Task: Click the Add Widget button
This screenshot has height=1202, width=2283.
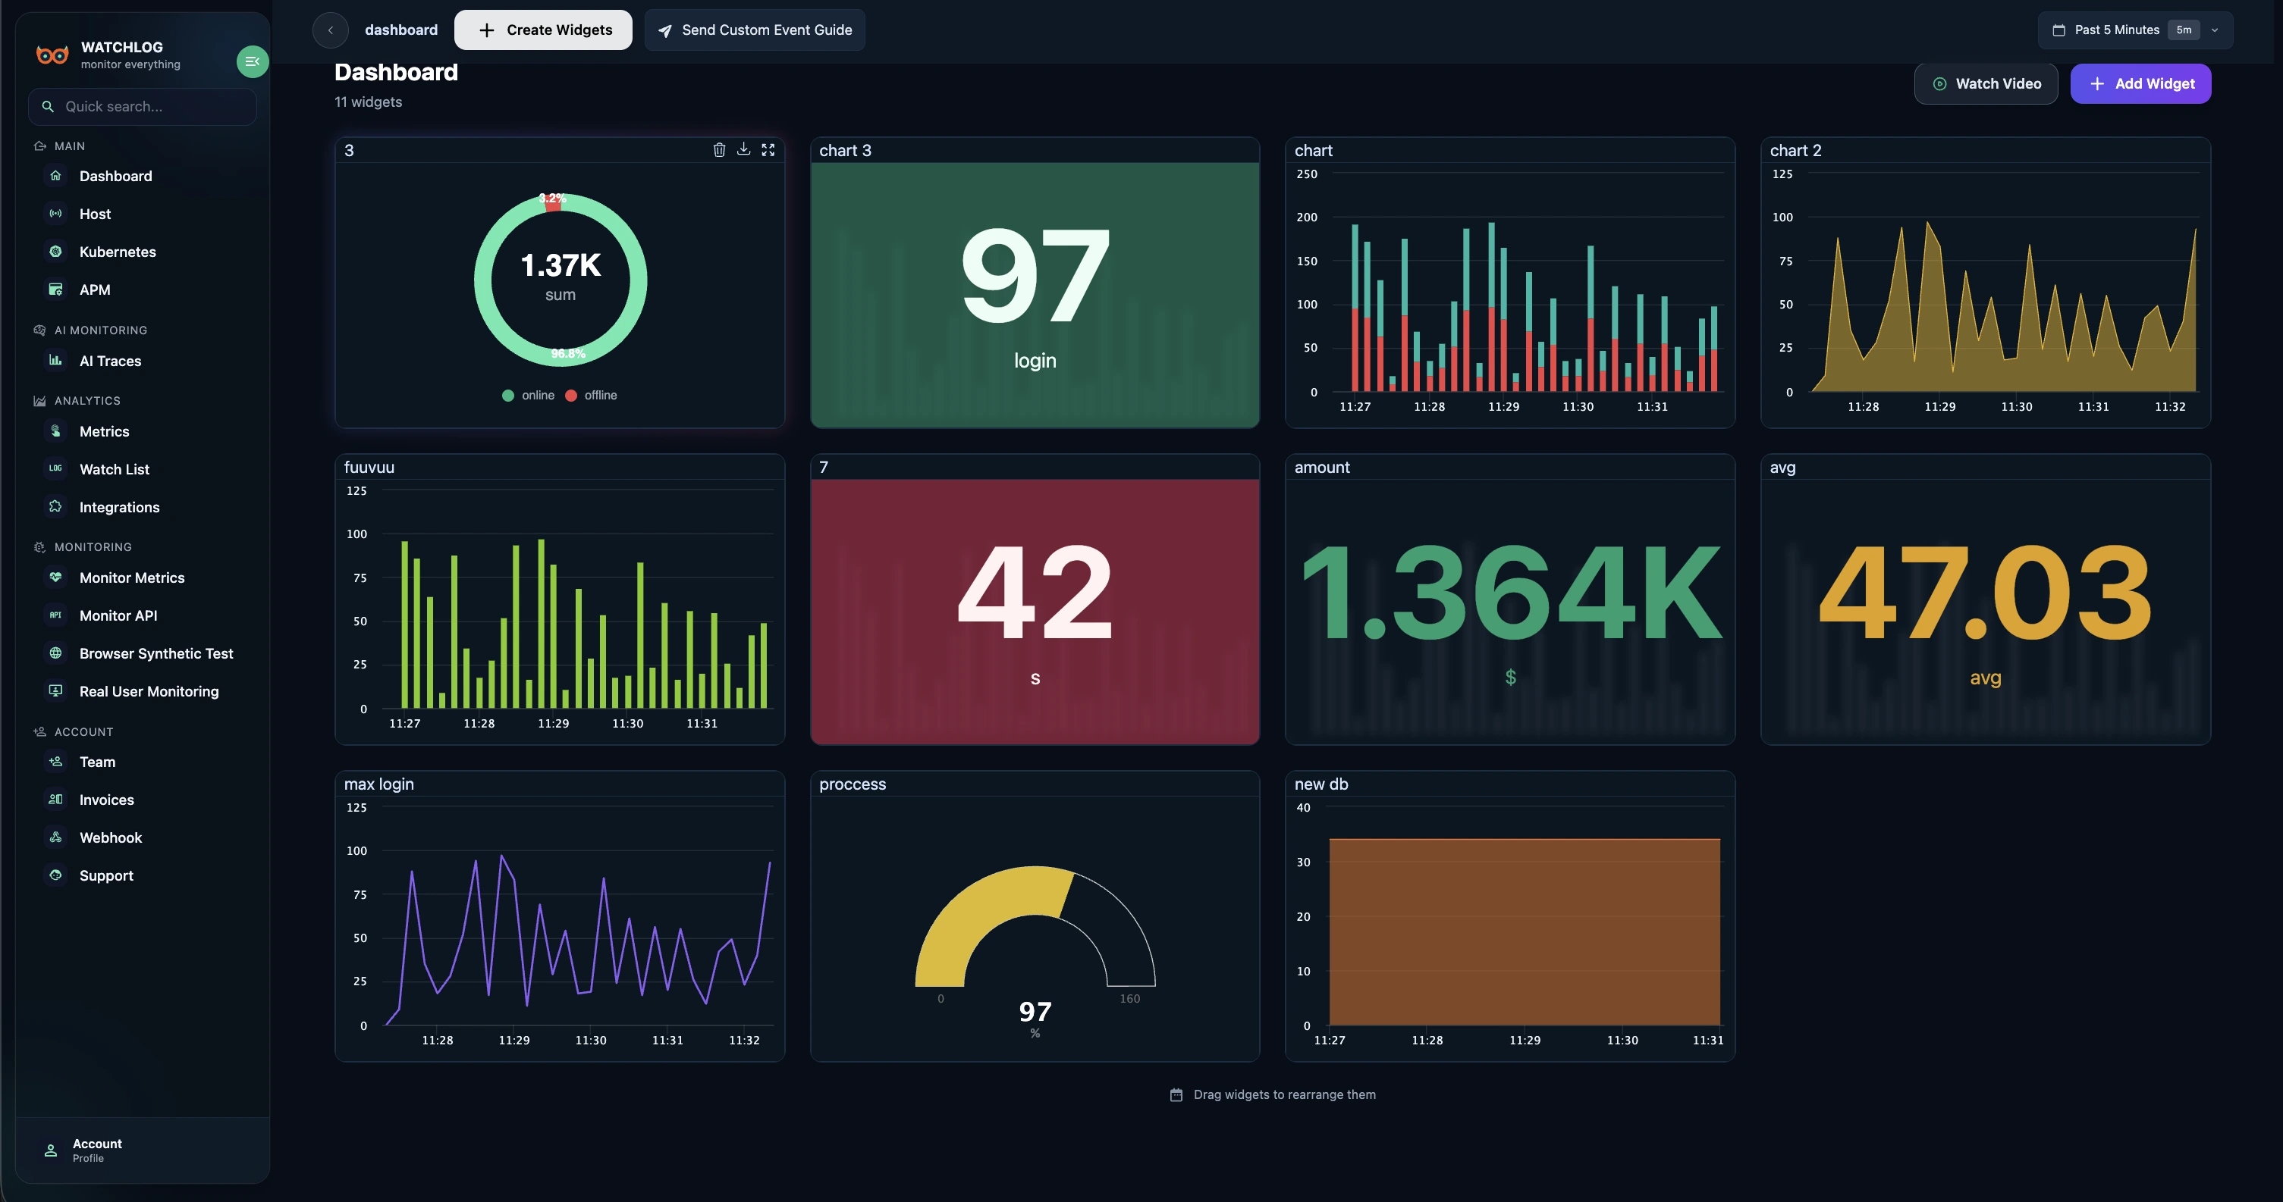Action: point(2140,83)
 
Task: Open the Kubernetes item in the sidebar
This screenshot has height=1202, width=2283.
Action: point(117,252)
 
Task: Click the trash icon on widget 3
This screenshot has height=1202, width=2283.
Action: point(719,150)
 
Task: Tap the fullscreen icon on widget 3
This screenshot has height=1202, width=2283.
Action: point(768,150)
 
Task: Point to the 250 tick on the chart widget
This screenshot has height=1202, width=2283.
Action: point(1306,174)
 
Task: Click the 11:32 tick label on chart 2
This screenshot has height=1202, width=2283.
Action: point(2169,406)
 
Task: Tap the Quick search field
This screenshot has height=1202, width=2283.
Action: point(142,106)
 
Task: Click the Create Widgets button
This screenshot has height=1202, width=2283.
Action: point(543,30)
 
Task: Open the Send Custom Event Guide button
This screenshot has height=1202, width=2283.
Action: point(755,30)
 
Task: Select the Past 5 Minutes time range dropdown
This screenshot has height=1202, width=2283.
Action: point(2134,30)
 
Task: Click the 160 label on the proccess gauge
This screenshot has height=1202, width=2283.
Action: point(1129,998)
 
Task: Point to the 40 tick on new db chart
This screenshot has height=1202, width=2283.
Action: point(1303,808)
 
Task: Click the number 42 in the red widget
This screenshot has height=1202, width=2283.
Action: point(1035,592)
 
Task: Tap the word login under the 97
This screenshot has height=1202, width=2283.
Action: point(1035,361)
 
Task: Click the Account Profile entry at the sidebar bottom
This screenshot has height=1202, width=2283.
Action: point(96,1150)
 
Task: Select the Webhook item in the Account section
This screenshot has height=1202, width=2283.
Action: point(110,837)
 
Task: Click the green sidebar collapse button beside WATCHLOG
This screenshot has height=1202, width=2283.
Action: point(252,61)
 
